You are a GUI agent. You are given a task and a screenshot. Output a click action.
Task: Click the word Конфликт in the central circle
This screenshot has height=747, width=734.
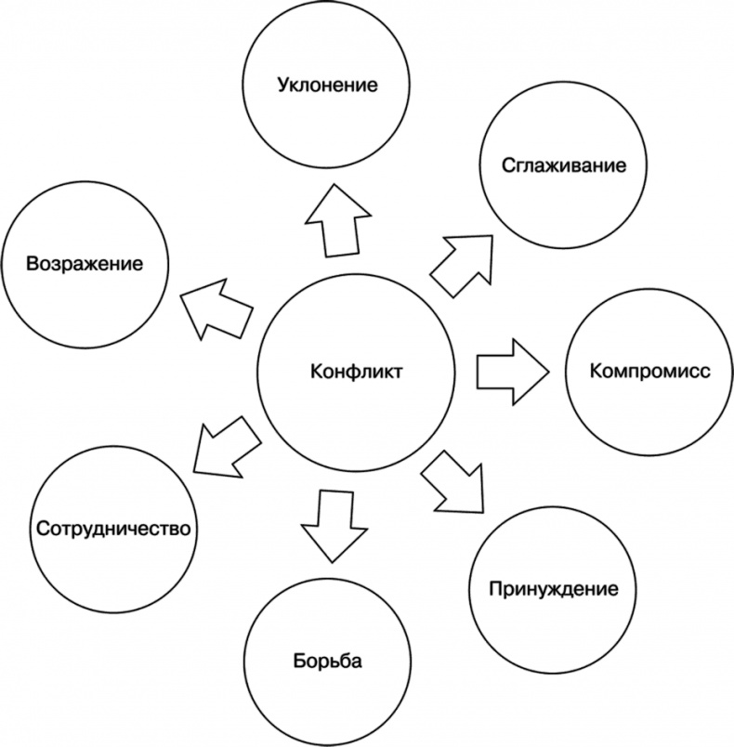tap(357, 372)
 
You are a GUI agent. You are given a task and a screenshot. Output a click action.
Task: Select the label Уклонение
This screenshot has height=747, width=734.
tap(328, 86)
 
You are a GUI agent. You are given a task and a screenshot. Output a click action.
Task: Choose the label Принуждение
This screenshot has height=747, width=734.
tap(553, 589)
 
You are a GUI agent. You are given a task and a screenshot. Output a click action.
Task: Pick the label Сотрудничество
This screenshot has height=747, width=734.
tap(113, 529)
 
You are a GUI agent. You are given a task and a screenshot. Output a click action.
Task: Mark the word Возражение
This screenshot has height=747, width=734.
tap(85, 263)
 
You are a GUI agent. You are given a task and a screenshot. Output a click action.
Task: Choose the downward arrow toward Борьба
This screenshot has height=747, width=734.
tap(328, 524)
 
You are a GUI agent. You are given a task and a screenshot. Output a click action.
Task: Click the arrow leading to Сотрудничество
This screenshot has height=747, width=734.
tap(223, 444)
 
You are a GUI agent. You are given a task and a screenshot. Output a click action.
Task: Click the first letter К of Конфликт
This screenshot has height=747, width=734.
tap(316, 372)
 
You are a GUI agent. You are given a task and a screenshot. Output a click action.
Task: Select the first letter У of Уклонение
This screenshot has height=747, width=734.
tap(282, 86)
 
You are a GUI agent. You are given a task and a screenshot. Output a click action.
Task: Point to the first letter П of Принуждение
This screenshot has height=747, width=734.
tap(495, 589)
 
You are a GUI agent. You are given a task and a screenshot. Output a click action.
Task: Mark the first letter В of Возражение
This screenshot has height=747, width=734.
tap(32, 263)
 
